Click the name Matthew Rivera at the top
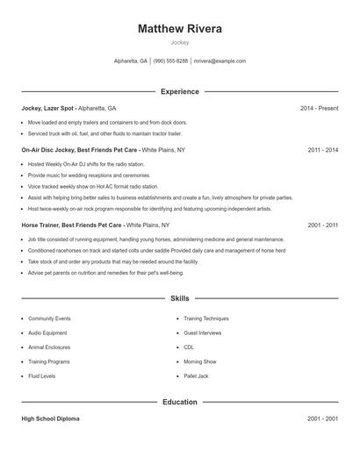click(x=180, y=29)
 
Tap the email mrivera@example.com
click(x=220, y=61)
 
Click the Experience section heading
click(x=180, y=91)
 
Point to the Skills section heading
click(x=180, y=298)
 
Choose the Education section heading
click(x=180, y=402)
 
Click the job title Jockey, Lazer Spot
click(x=48, y=108)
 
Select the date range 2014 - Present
click(x=319, y=108)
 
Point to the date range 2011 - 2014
click(x=323, y=150)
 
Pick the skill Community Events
click(x=49, y=318)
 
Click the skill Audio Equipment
click(x=47, y=333)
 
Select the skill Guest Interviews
click(x=203, y=333)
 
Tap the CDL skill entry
click(x=189, y=347)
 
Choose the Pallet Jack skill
click(x=196, y=376)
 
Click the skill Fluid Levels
click(x=42, y=376)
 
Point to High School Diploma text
click(x=51, y=418)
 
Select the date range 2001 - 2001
click(x=323, y=418)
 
